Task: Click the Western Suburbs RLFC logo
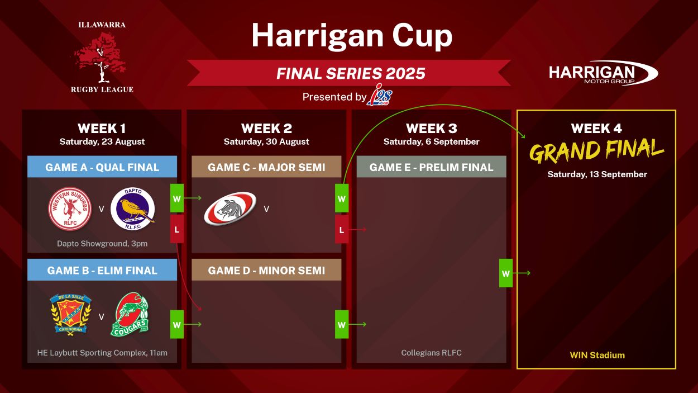pos(70,209)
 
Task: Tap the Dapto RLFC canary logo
pos(133,209)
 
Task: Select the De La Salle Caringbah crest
pos(70,314)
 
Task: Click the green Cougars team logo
pos(130,314)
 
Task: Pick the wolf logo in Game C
pos(230,209)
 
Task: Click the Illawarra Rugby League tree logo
pos(102,57)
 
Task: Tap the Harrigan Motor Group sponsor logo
pos(603,73)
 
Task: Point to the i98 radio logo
pos(380,94)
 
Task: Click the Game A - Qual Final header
pos(102,167)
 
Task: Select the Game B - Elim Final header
pos(102,270)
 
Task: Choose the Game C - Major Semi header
pos(266,167)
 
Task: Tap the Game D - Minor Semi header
pos(266,270)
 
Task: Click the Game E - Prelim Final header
pos(431,167)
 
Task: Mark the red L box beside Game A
pos(176,229)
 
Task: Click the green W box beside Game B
pos(176,324)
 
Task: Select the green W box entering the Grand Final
pos(506,273)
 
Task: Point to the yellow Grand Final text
pos(596,151)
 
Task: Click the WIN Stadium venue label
pos(597,355)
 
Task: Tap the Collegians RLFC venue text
pos(431,353)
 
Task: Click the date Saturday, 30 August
pos(266,141)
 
